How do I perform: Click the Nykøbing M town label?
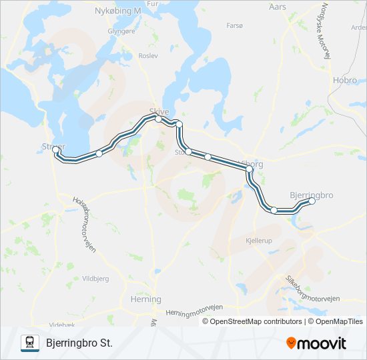[118, 11]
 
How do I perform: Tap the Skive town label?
[159, 111]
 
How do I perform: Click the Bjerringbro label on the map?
[312, 194]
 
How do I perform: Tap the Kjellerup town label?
[260, 240]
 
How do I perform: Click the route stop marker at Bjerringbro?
[312, 201]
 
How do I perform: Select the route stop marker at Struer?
[56, 151]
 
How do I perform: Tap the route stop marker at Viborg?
[250, 170]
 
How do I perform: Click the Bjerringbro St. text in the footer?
[79, 343]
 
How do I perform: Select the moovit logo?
[316, 343]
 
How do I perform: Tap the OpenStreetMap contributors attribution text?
[256, 321]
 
